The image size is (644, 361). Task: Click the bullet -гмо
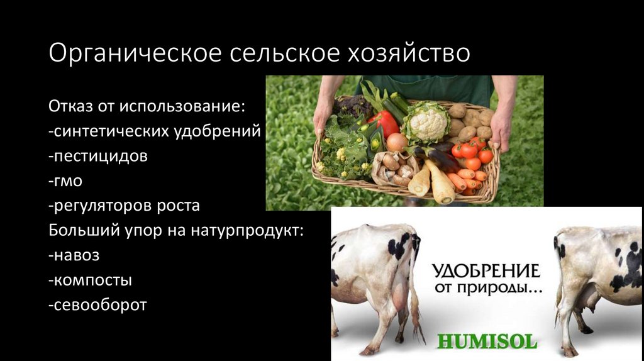pyautogui.click(x=65, y=181)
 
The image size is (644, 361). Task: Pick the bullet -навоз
pyautogui.click(x=74, y=255)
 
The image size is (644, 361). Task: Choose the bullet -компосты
pyautogui.click(x=89, y=280)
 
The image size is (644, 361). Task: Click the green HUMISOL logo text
pyautogui.click(x=487, y=342)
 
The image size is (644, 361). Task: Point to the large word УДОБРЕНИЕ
pyautogui.click(x=486, y=271)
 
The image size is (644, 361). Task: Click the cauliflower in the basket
pyautogui.click(x=426, y=122)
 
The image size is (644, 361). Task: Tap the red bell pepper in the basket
pyautogui.click(x=383, y=123)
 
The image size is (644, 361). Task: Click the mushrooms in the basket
pyautogui.click(x=394, y=168)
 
